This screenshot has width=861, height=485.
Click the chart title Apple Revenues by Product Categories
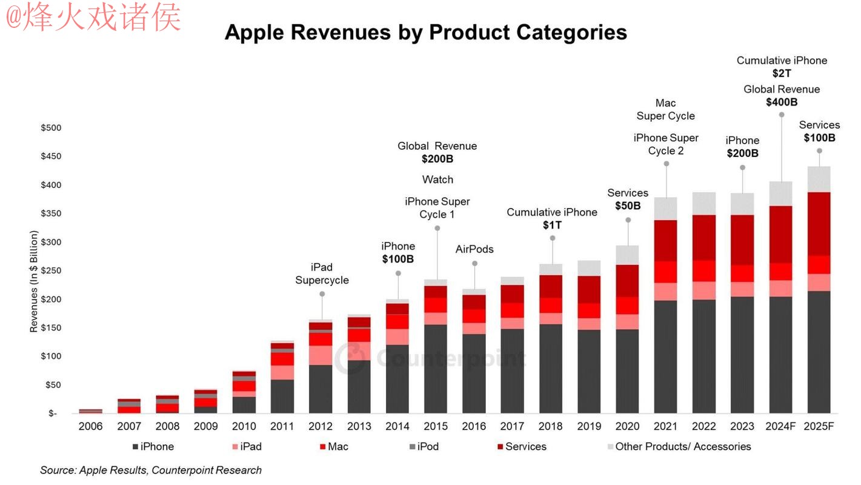tap(425, 32)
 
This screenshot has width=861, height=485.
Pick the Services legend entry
tap(520, 447)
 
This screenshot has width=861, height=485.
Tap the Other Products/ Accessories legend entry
tap(678, 447)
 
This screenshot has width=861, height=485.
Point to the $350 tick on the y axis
tap(51, 213)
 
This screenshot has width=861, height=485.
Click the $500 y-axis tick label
tap(51, 128)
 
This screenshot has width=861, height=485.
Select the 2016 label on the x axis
tap(474, 427)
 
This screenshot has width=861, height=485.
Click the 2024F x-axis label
tap(781, 427)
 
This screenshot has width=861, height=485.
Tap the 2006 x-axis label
tap(90, 427)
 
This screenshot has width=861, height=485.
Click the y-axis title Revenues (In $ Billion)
tap(34, 281)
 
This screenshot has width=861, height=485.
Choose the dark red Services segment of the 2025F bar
tap(819, 224)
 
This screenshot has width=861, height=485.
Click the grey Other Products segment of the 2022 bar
tap(704, 203)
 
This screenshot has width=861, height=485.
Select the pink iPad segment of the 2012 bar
tap(321, 355)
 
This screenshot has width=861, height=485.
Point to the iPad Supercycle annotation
tap(322, 273)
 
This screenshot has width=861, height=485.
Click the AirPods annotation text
tap(474, 249)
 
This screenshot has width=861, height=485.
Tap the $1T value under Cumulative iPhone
tap(552, 225)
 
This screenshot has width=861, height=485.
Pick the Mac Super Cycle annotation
tap(665, 109)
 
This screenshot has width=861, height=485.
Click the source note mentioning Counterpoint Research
tap(151, 470)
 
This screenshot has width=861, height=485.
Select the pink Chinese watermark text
tap(93, 17)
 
